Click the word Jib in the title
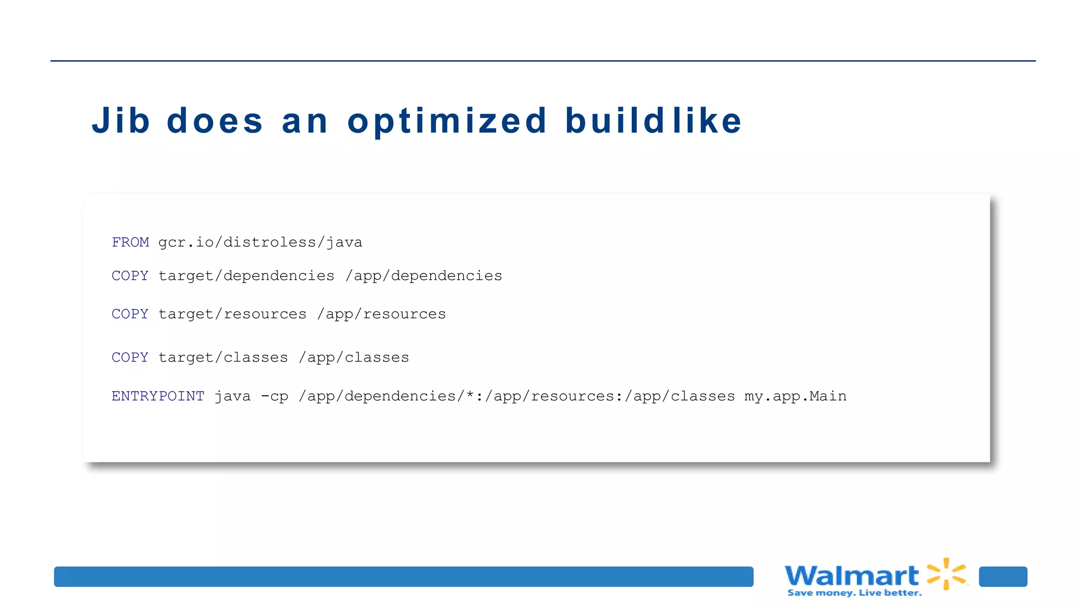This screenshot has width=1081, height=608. coord(121,121)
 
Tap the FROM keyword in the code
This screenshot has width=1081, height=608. coord(130,242)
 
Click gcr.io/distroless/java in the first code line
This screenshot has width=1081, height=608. coord(260,242)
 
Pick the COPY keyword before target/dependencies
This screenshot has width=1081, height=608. coord(130,275)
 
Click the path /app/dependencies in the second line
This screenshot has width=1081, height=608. coord(424,275)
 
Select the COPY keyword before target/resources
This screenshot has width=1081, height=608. coord(130,314)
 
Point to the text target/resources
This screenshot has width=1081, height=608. coord(232,314)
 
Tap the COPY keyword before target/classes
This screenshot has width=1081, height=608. coord(130,357)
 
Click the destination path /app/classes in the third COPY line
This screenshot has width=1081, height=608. coord(354,357)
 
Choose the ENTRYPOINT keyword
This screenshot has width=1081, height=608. coord(158,396)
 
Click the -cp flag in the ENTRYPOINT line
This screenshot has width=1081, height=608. coord(275,396)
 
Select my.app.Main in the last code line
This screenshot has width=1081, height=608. coord(795,396)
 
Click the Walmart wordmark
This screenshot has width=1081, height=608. coord(851,575)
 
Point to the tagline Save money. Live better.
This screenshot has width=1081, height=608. coord(855,593)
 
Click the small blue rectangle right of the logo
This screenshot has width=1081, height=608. coord(1003,576)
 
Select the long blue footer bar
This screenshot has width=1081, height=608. coord(403,576)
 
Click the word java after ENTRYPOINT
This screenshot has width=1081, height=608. coord(232,396)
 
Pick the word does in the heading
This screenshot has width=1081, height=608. coord(215,121)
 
